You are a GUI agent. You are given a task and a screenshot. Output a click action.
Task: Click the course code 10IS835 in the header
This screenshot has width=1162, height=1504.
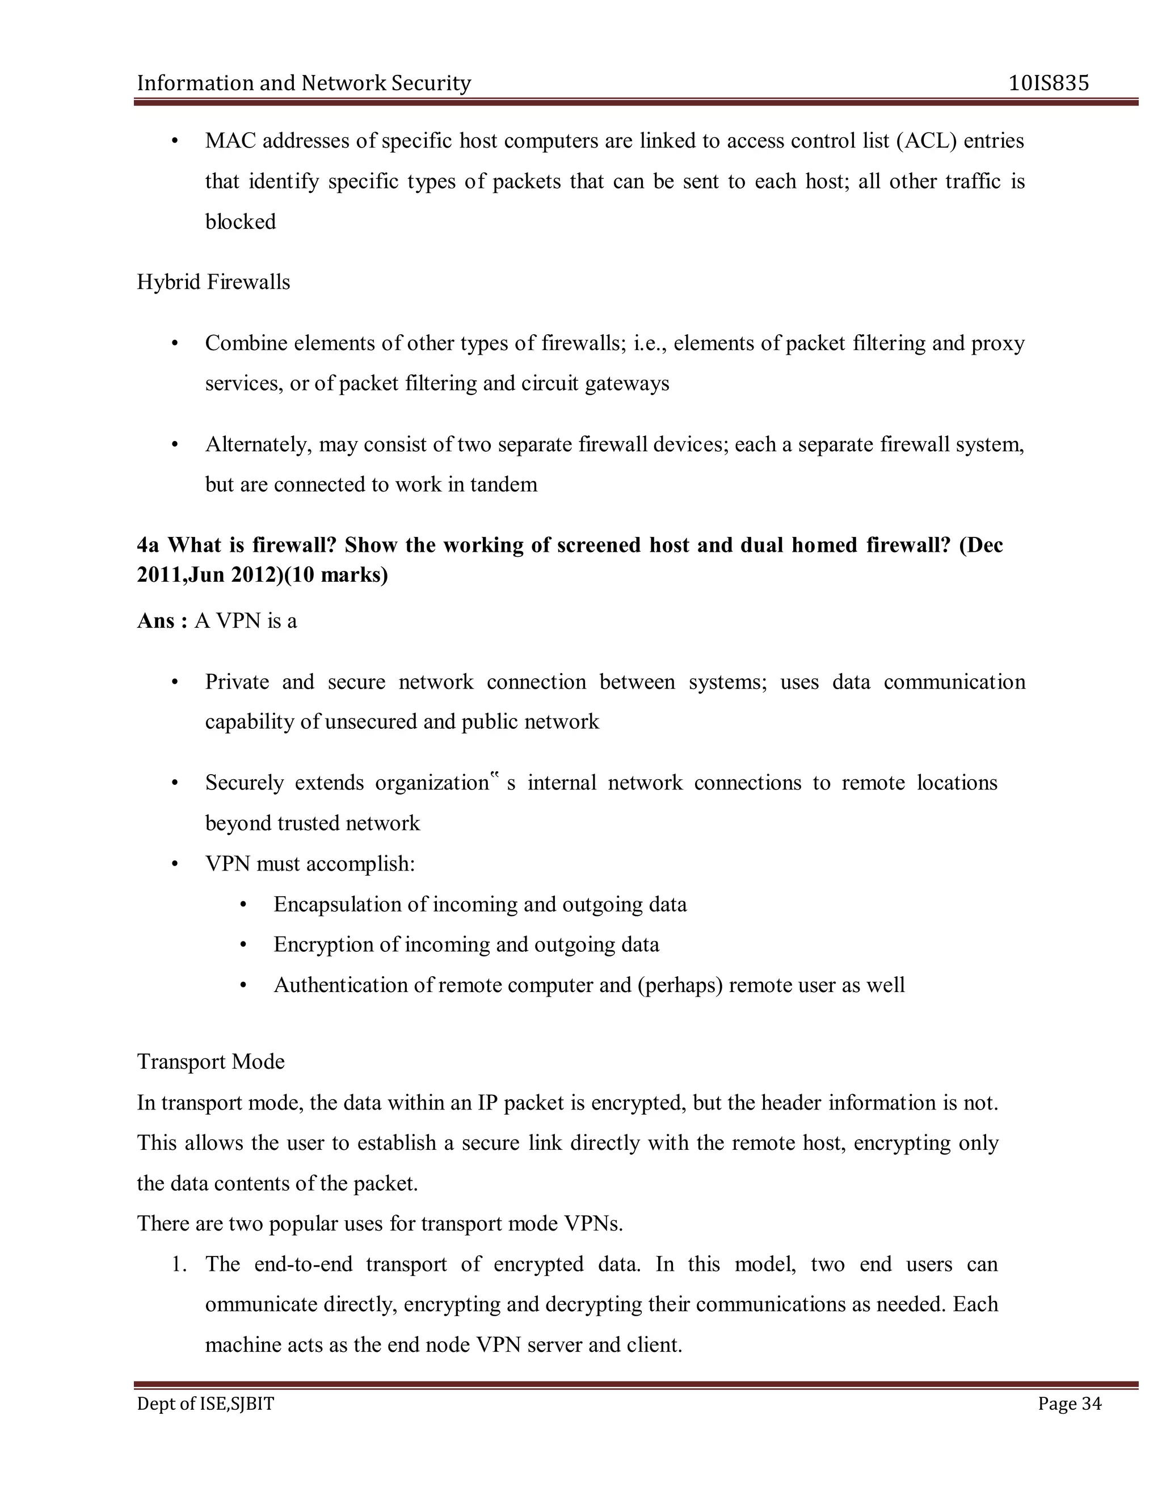pos(1049,83)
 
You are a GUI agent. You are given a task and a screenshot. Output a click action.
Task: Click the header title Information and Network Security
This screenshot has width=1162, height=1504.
pos(304,83)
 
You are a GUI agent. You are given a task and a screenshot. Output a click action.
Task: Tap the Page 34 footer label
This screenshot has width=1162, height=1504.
pos(1069,1404)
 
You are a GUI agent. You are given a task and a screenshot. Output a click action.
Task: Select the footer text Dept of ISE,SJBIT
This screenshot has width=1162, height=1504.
pos(205,1404)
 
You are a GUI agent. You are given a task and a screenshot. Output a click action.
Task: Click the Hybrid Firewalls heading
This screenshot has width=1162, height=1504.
pos(213,282)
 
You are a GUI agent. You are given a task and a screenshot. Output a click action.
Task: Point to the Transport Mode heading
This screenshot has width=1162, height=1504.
pos(210,1061)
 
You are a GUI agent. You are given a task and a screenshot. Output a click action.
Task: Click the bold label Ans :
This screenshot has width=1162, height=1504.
pos(162,621)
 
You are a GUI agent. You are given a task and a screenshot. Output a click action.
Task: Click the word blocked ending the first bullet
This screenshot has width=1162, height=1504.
pos(240,222)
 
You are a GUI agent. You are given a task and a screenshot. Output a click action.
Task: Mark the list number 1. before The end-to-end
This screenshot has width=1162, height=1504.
pos(180,1264)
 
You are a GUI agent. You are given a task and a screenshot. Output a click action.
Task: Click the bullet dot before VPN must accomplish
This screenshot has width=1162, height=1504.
pos(175,864)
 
